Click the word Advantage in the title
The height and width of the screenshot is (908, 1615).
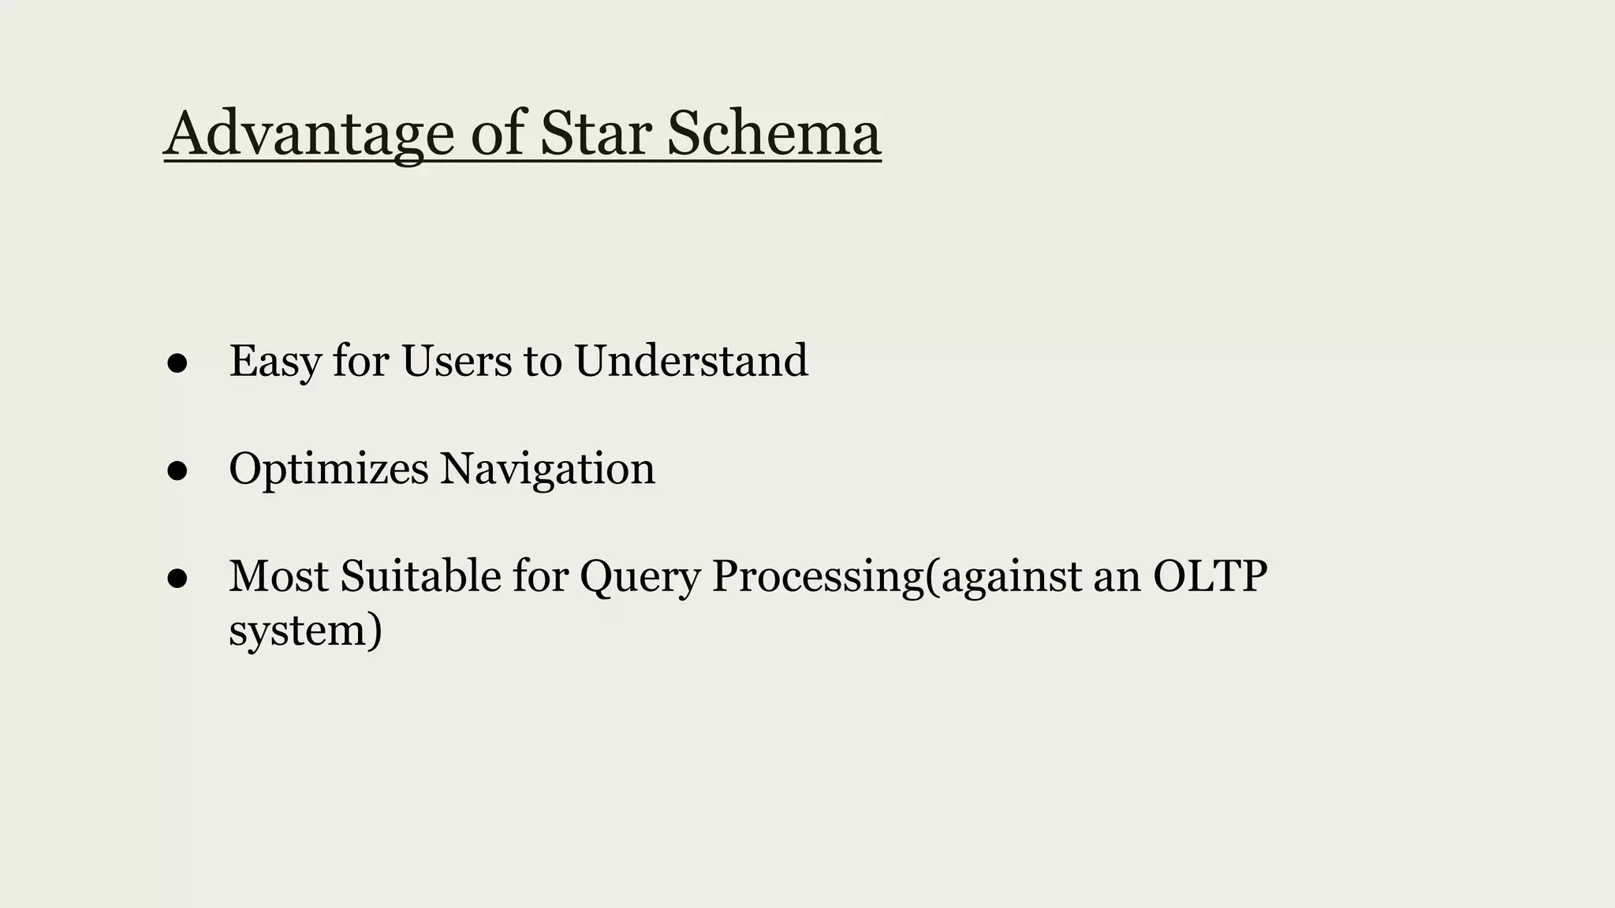(x=309, y=134)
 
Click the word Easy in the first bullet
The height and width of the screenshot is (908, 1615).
(x=274, y=363)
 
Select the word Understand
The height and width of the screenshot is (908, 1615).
(x=691, y=361)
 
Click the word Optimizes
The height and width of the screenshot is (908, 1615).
(x=329, y=470)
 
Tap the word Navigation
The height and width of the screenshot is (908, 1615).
(x=547, y=470)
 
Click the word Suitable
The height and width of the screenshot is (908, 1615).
(x=421, y=576)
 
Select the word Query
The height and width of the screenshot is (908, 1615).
(x=640, y=578)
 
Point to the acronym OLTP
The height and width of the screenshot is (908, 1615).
(x=1210, y=576)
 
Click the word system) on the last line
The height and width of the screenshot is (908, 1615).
(x=306, y=631)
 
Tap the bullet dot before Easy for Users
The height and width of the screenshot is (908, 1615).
(x=177, y=363)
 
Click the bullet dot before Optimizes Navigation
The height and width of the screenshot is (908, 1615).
(x=177, y=471)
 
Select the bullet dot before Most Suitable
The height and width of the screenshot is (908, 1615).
(x=177, y=579)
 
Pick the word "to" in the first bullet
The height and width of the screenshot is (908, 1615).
(x=543, y=361)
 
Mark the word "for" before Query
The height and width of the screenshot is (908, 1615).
(x=540, y=576)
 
